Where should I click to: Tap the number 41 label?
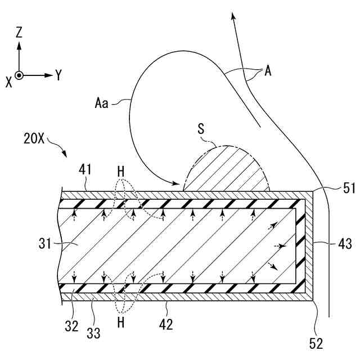(x=85, y=168)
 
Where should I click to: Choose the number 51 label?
(x=349, y=188)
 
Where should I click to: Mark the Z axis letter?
(x=19, y=33)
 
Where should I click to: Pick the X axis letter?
(x=8, y=82)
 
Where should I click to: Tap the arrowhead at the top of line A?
(x=232, y=15)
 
